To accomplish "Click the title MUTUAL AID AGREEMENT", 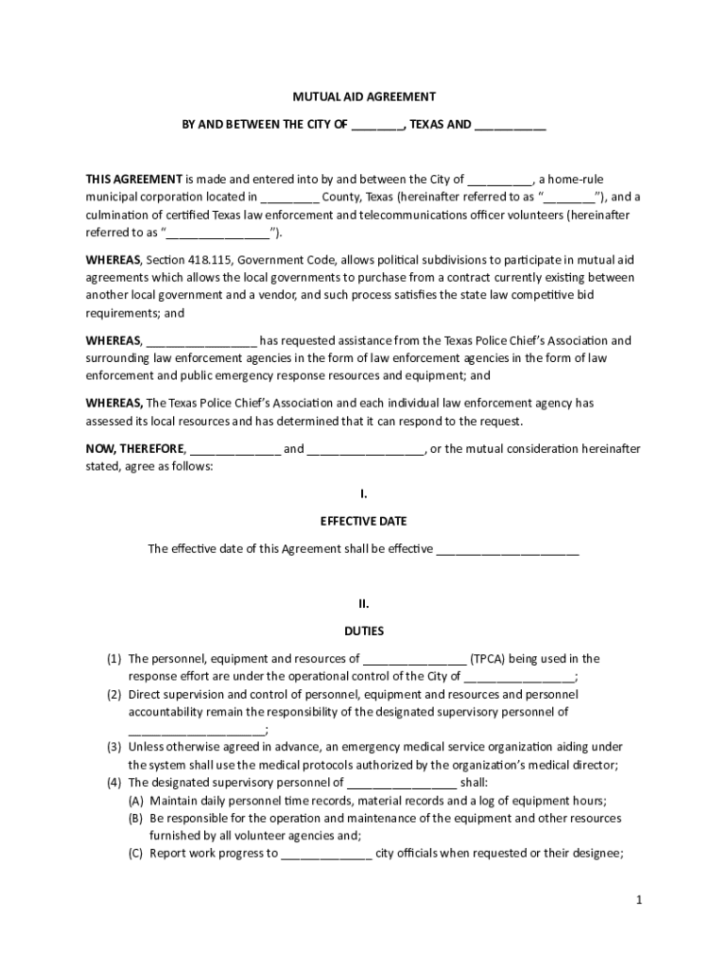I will [363, 96].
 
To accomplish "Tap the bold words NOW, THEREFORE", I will [136, 448].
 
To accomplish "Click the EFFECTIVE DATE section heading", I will [363, 521].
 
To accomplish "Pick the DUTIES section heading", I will [363, 631].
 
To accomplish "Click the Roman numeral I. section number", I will [363, 493].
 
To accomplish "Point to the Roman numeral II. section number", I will [363, 602].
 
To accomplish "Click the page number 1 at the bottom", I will [639, 900].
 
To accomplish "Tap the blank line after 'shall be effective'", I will [507, 550].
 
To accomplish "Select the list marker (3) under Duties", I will [113, 747].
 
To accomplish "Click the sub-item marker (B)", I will [136, 818].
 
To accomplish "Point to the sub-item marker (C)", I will [136, 854].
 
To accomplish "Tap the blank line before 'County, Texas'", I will [289, 199].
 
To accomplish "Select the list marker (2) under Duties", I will [113, 694].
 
